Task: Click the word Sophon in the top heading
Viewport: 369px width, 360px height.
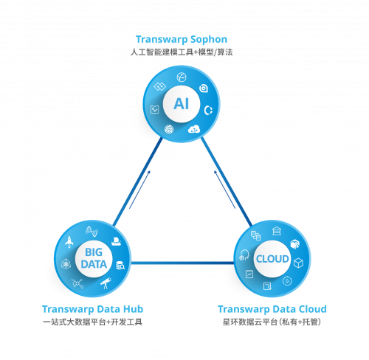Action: tap(209, 40)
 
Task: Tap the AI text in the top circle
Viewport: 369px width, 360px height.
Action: tap(182, 104)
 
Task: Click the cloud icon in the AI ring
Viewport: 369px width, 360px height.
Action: tap(194, 129)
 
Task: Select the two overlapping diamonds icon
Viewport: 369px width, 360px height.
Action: tap(159, 86)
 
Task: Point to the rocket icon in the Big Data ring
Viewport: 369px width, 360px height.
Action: tap(69, 242)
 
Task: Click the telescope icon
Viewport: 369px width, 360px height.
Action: tap(106, 283)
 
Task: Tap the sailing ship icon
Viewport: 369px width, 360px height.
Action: tap(116, 241)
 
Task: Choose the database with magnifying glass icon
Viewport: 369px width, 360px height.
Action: tap(120, 265)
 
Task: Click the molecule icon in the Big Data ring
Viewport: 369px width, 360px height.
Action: tap(77, 283)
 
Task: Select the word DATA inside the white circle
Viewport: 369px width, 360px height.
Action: tap(94, 264)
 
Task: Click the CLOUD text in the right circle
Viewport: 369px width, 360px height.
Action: tap(272, 259)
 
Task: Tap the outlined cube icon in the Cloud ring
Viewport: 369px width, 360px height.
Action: tap(298, 263)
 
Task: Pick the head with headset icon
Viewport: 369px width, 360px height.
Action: tap(244, 255)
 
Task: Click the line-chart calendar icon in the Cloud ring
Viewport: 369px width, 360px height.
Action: tap(249, 274)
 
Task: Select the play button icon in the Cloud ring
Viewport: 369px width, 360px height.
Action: tap(287, 281)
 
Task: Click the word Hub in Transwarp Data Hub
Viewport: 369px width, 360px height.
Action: tap(133, 309)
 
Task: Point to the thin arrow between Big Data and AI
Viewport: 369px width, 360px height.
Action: tap(139, 190)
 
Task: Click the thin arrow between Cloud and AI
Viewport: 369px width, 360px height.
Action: tap(224, 190)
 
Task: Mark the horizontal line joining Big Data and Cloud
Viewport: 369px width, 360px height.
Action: tap(182, 263)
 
